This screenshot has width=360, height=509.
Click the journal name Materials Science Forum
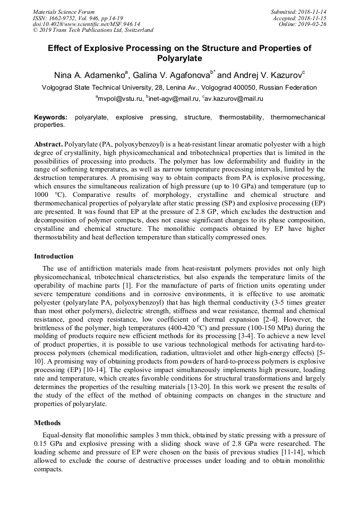pos(64,11)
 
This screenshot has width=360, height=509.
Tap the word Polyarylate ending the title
pos(179,58)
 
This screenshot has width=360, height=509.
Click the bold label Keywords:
pos(51,117)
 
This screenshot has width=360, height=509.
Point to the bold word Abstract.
pos(48,144)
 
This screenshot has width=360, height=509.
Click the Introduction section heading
pos(54,256)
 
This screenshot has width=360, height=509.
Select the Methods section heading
pos(47,423)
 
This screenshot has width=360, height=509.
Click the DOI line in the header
pos(87,24)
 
